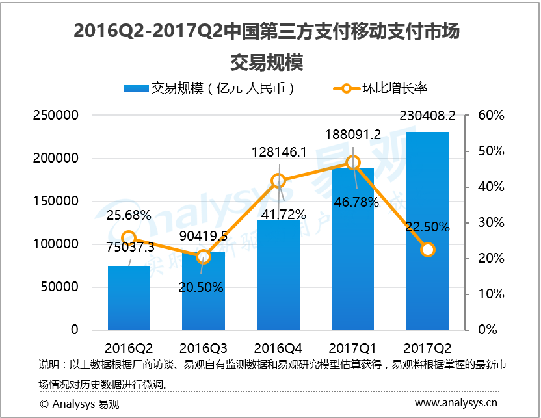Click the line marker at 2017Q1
coord(353,162)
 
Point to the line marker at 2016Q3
coord(204,257)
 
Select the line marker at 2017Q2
coord(427,250)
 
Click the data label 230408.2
coord(427,116)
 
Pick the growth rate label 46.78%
coord(355,202)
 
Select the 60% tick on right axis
coord(491,116)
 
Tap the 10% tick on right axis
coord(491,294)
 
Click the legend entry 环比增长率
coord(394,88)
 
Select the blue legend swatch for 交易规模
coord(136,88)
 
